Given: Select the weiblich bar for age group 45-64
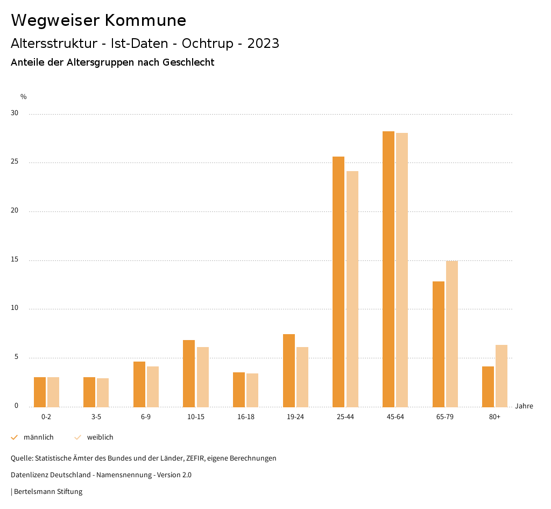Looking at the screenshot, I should (x=402, y=270).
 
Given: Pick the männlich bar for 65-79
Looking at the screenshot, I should (x=439, y=344).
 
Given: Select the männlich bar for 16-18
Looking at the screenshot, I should (x=239, y=390).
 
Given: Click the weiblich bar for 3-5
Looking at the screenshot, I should (x=103, y=392).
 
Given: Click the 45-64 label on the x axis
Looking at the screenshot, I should (x=395, y=418).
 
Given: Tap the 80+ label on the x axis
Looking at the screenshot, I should (x=495, y=418).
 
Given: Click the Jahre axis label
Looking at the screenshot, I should (x=524, y=406).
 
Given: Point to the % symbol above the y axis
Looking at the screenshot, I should (x=23, y=97).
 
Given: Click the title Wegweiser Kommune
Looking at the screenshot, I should (x=98, y=20).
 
